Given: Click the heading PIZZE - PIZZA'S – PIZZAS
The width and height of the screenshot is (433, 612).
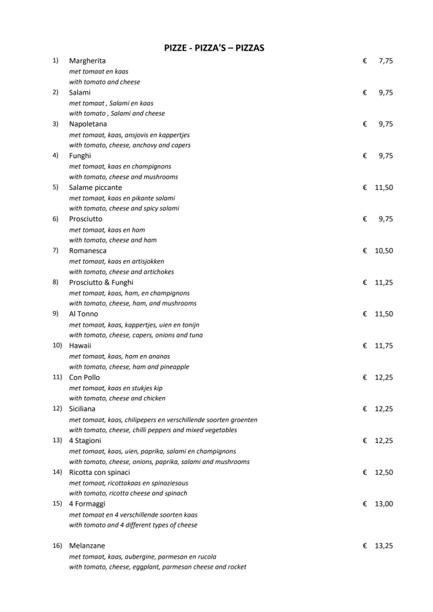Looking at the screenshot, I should tap(214, 47).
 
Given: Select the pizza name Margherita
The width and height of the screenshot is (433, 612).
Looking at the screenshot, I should tap(87, 61).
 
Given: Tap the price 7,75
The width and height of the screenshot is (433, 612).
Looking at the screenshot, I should tap(386, 61).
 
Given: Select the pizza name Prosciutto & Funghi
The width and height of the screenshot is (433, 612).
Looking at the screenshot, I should tap(101, 282).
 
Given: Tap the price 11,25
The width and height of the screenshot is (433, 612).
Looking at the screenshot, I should tap(384, 282).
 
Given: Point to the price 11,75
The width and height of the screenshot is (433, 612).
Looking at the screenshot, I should tap(384, 346).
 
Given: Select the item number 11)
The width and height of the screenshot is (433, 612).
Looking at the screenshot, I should tap(58, 377).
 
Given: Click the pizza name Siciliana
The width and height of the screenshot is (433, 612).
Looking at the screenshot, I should tap(83, 408).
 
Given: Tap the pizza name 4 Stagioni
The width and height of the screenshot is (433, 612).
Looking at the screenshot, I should tap(85, 440).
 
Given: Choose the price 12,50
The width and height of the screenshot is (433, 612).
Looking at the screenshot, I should tap(384, 472).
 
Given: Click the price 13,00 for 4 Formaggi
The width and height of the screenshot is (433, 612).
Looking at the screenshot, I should tap(384, 504).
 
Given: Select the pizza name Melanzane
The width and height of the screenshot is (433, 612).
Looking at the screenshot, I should tap(87, 544).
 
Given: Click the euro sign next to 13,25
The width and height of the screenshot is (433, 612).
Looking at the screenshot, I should tap(365, 544).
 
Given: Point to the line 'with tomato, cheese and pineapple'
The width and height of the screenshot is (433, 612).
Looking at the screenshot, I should tap(129, 367).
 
